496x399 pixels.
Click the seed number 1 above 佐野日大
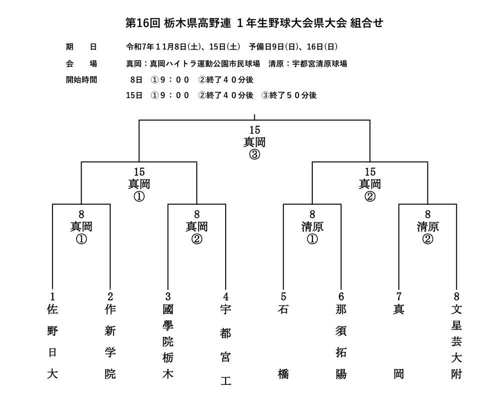(52, 296)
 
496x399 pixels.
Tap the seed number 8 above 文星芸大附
(456, 296)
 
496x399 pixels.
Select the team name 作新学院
(110, 341)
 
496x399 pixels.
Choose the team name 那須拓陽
(341, 341)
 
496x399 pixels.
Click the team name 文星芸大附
(456, 341)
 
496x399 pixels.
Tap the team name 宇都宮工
(226, 345)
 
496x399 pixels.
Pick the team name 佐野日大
(52, 341)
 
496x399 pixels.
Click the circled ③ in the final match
(254, 154)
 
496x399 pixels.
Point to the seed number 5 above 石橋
(283, 296)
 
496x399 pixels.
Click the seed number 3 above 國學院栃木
(168, 296)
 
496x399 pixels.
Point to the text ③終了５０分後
(289, 95)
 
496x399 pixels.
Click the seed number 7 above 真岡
(399, 296)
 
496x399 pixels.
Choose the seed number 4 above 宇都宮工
(226, 296)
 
